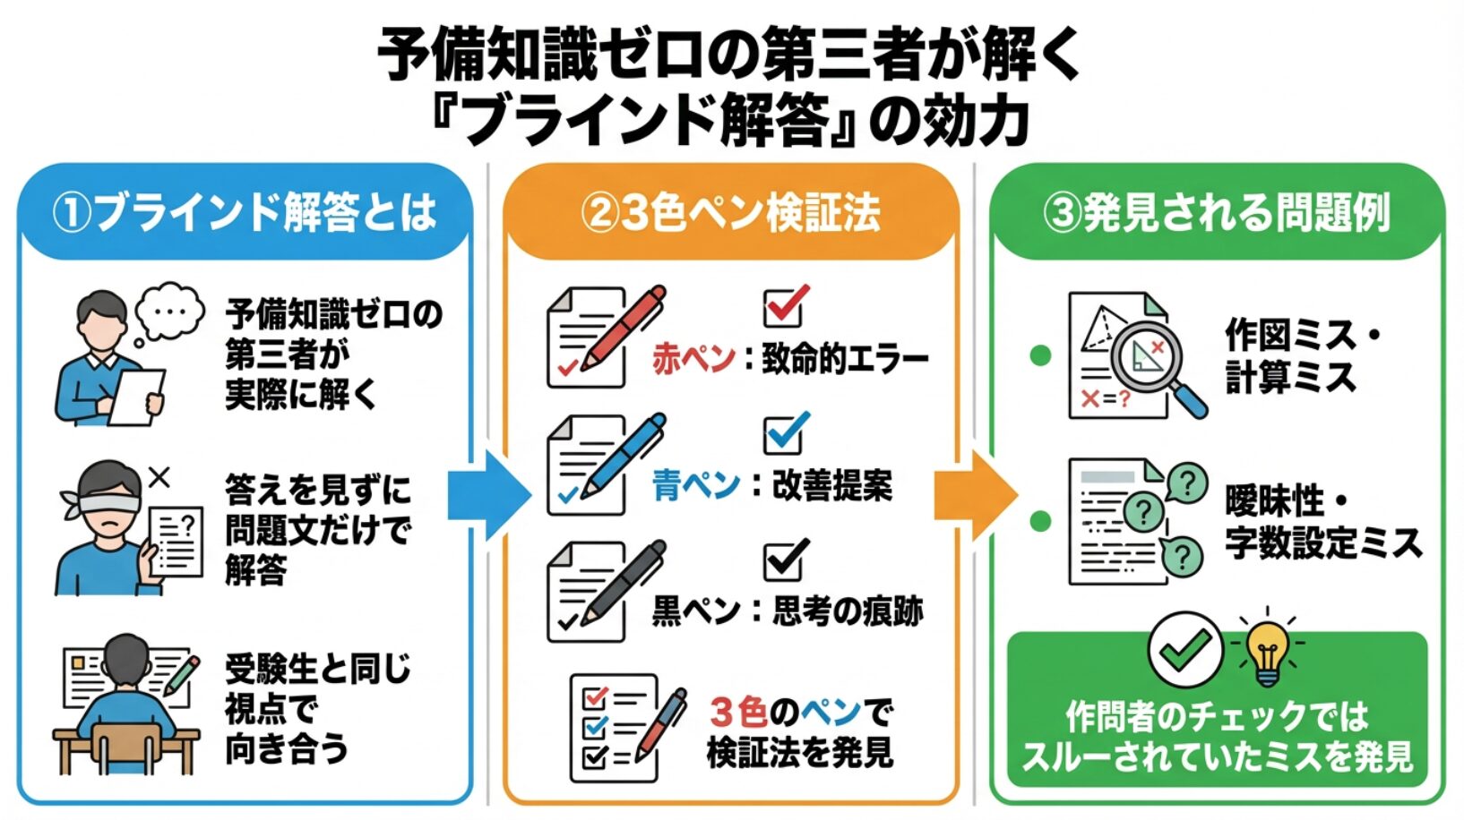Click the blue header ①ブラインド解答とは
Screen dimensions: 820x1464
pos(244,213)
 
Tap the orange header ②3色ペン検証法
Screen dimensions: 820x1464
pos(730,213)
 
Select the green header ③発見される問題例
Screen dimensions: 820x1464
pos(1217,213)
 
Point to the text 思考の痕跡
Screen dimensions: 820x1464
pos(847,611)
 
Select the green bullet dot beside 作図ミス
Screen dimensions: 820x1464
pos(1040,355)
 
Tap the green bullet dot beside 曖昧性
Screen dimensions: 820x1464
pos(1040,521)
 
